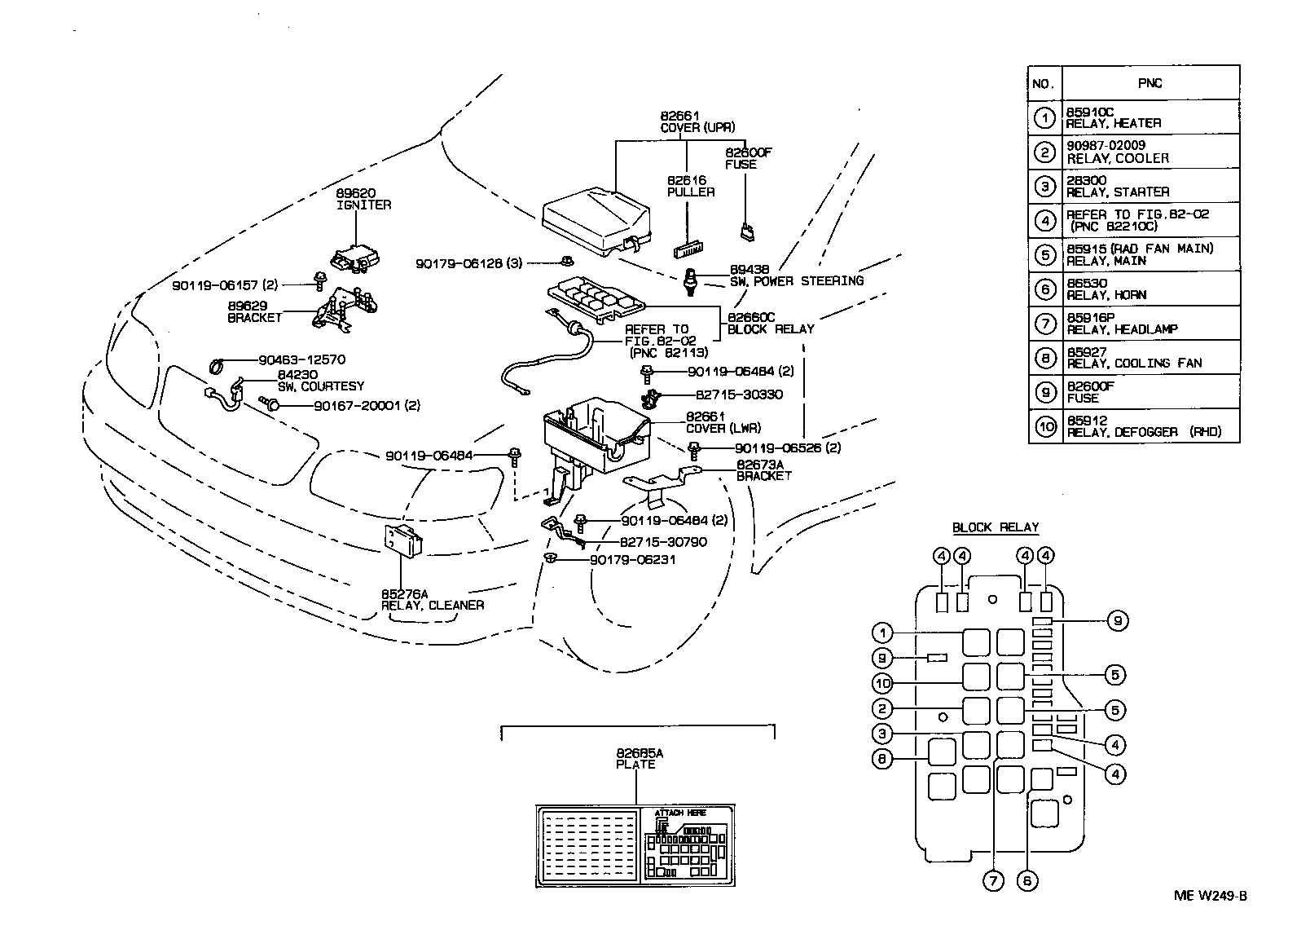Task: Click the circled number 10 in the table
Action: click(1045, 426)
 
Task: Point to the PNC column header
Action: click(1150, 83)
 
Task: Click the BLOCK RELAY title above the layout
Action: click(996, 527)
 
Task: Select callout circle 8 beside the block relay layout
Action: click(881, 759)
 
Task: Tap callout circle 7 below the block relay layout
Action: click(992, 881)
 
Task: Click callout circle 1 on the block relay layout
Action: click(881, 633)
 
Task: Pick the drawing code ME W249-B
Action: click(1210, 896)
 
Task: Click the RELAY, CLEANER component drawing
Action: click(403, 539)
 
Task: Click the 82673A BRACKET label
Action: click(763, 470)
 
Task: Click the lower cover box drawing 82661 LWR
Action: click(595, 444)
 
